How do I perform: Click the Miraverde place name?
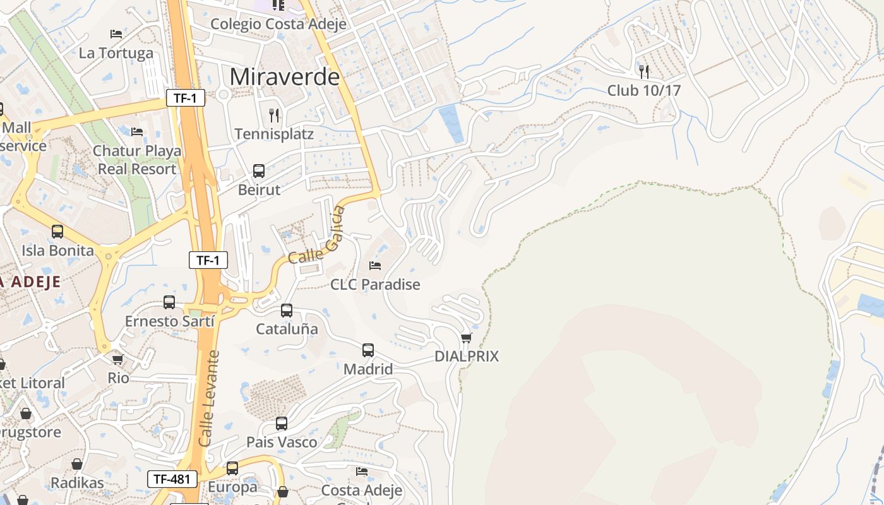(x=285, y=76)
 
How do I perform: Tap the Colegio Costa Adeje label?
(x=278, y=24)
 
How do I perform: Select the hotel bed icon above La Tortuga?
(x=116, y=33)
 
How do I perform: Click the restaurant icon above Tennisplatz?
(x=274, y=115)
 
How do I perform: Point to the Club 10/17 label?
(x=644, y=90)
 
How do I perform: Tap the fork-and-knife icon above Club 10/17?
(x=644, y=71)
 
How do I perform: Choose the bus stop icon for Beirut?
(x=259, y=170)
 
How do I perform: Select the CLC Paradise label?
(x=375, y=284)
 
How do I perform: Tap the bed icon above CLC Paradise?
(x=375, y=266)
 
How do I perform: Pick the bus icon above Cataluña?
(x=287, y=310)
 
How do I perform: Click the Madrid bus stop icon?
(x=368, y=350)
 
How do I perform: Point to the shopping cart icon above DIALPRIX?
(x=467, y=338)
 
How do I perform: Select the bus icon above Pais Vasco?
(x=282, y=423)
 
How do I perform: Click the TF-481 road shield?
(x=172, y=478)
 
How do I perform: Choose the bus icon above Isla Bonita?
(x=57, y=232)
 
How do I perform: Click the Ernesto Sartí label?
(x=170, y=321)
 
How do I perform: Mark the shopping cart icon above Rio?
(x=117, y=359)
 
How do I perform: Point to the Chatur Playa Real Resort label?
(x=137, y=160)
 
